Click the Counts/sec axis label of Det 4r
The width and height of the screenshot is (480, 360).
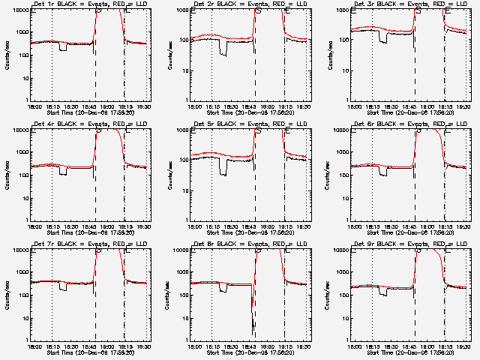coord(8,175)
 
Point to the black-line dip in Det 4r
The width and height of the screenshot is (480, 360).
coord(64,172)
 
